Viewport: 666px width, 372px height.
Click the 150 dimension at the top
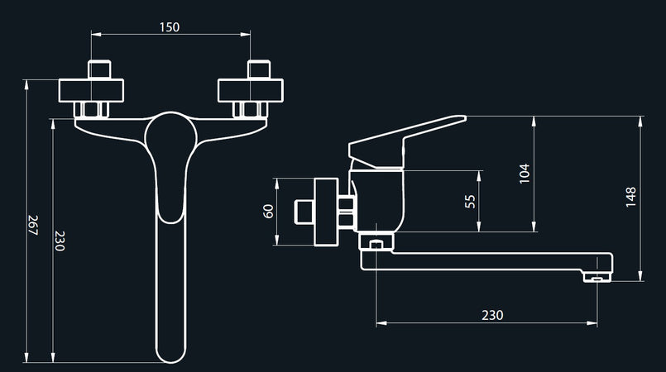[x=169, y=26]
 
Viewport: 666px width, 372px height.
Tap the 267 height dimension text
[x=33, y=226]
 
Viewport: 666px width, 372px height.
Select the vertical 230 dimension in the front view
[x=60, y=241]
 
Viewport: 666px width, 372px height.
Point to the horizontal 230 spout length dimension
[x=492, y=314]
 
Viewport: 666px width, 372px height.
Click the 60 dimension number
[x=268, y=211]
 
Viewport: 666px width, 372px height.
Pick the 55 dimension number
[x=471, y=201]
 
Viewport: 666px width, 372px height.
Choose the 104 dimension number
[x=524, y=173]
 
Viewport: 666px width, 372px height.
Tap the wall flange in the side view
[x=327, y=212]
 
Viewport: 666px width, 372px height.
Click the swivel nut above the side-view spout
[x=376, y=241]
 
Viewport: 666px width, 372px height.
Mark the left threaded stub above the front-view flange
[x=101, y=69]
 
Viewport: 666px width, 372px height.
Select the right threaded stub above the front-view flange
[x=258, y=69]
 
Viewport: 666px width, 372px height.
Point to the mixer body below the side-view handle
[x=379, y=198]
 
